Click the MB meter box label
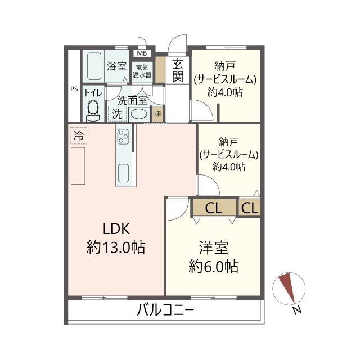point(142,53)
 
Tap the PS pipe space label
point(74,89)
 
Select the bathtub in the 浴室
point(94,66)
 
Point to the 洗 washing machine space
point(117,114)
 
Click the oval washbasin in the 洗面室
point(138,114)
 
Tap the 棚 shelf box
point(157,114)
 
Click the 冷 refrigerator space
point(79,136)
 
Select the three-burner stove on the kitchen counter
point(123,136)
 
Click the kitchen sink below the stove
point(124,173)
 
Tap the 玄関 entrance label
point(178,70)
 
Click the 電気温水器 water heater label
point(142,71)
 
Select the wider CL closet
point(214,208)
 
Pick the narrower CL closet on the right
point(250,208)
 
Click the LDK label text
point(116,229)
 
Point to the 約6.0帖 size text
point(213,267)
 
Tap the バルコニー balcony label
point(165,310)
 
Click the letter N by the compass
point(298,310)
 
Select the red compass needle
point(287,287)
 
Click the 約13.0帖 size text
point(116,247)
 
